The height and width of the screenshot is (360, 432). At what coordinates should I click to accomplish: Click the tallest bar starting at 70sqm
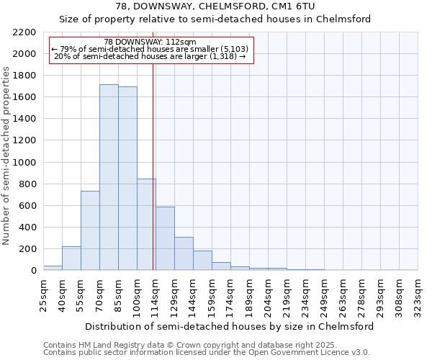pos(109,177)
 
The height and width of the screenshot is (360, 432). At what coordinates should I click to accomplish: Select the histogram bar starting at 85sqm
pos(127,179)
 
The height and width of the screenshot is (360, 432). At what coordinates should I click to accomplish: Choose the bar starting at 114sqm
pos(165,238)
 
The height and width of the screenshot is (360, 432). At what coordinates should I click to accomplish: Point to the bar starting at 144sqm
pos(202,261)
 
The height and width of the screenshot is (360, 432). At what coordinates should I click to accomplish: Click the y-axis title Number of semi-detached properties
pos(7,156)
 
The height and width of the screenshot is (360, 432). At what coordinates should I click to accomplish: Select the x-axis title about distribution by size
pos(229,326)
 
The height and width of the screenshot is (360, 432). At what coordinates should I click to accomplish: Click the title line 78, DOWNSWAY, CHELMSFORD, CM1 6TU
pos(215,6)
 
